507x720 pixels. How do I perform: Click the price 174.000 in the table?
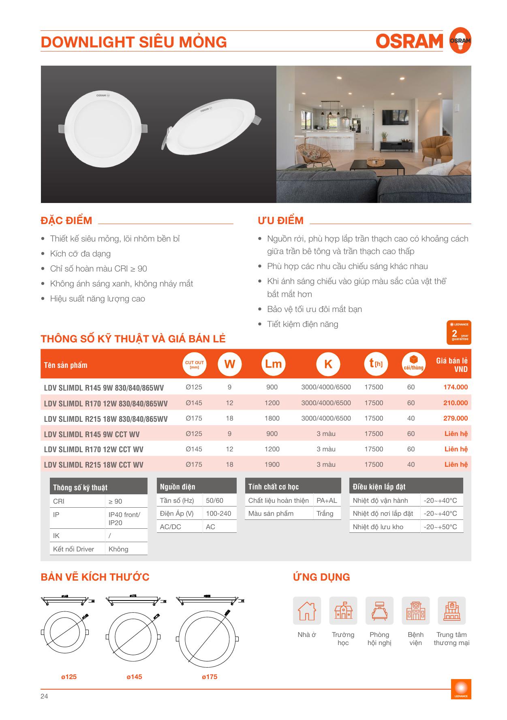point(455,387)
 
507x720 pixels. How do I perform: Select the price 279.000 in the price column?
point(455,418)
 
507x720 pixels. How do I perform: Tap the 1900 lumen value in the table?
point(272,464)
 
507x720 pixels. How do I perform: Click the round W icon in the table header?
point(229,364)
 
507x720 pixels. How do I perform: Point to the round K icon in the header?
point(328,364)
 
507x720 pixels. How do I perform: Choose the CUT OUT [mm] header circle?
point(195,364)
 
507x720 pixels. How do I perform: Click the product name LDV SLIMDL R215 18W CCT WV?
point(94,465)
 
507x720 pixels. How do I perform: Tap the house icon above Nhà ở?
point(307,610)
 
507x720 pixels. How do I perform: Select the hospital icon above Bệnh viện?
point(415,610)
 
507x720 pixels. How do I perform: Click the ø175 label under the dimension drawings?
point(210,677)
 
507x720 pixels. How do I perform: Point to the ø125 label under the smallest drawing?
point(69,677)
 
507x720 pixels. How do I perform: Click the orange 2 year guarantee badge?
point(458,332)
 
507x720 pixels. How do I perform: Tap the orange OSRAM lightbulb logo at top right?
point(460,40)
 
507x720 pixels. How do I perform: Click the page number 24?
point(44,696)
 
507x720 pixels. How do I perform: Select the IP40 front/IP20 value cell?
point(124,519)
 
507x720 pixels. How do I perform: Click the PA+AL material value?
point(327,500)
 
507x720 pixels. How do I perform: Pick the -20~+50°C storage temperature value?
point(440,527)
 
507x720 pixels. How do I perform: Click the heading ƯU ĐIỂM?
point(280,220)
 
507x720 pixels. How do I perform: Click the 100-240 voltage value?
point(218,513)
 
